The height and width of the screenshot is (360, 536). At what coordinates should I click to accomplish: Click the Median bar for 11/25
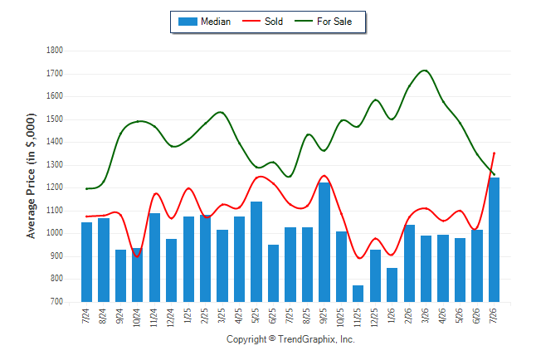click(358, 294)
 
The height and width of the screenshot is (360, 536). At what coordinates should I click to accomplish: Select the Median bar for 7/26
click(494, 240)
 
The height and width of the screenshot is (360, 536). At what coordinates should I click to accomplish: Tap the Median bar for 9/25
click(324, 242)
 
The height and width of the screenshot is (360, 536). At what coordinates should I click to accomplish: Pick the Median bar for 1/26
click(392, 285)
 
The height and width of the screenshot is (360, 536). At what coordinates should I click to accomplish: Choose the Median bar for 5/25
click(256, 252)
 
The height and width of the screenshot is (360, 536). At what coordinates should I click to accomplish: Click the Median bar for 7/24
click(86, 262)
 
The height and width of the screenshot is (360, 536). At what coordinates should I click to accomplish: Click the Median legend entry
click(204, 22)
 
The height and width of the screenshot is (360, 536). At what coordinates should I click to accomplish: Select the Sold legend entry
click(262, 22)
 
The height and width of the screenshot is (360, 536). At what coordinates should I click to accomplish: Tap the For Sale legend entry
click(323, 22)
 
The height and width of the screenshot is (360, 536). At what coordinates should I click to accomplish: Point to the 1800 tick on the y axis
click(55, 51)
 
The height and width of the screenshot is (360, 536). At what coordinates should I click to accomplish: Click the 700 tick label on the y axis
click(56, 302)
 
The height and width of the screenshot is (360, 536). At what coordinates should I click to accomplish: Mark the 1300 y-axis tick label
click(55, 165)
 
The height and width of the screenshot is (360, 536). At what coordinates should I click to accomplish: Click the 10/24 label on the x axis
click(137, 318)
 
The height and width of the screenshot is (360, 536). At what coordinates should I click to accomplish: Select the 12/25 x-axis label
click(375, 318)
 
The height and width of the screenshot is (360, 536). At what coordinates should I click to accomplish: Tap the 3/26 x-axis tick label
click(426, 315)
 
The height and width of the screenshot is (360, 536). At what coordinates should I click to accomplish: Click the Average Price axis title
click(31, 176)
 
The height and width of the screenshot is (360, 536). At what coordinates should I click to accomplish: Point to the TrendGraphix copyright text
click(290, 339)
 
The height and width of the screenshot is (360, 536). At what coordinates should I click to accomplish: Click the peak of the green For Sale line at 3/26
click(425, 71)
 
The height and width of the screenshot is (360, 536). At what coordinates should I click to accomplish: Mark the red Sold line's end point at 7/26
click(494, 153)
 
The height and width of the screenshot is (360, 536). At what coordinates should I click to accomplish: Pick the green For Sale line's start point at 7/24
click(86, 189)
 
